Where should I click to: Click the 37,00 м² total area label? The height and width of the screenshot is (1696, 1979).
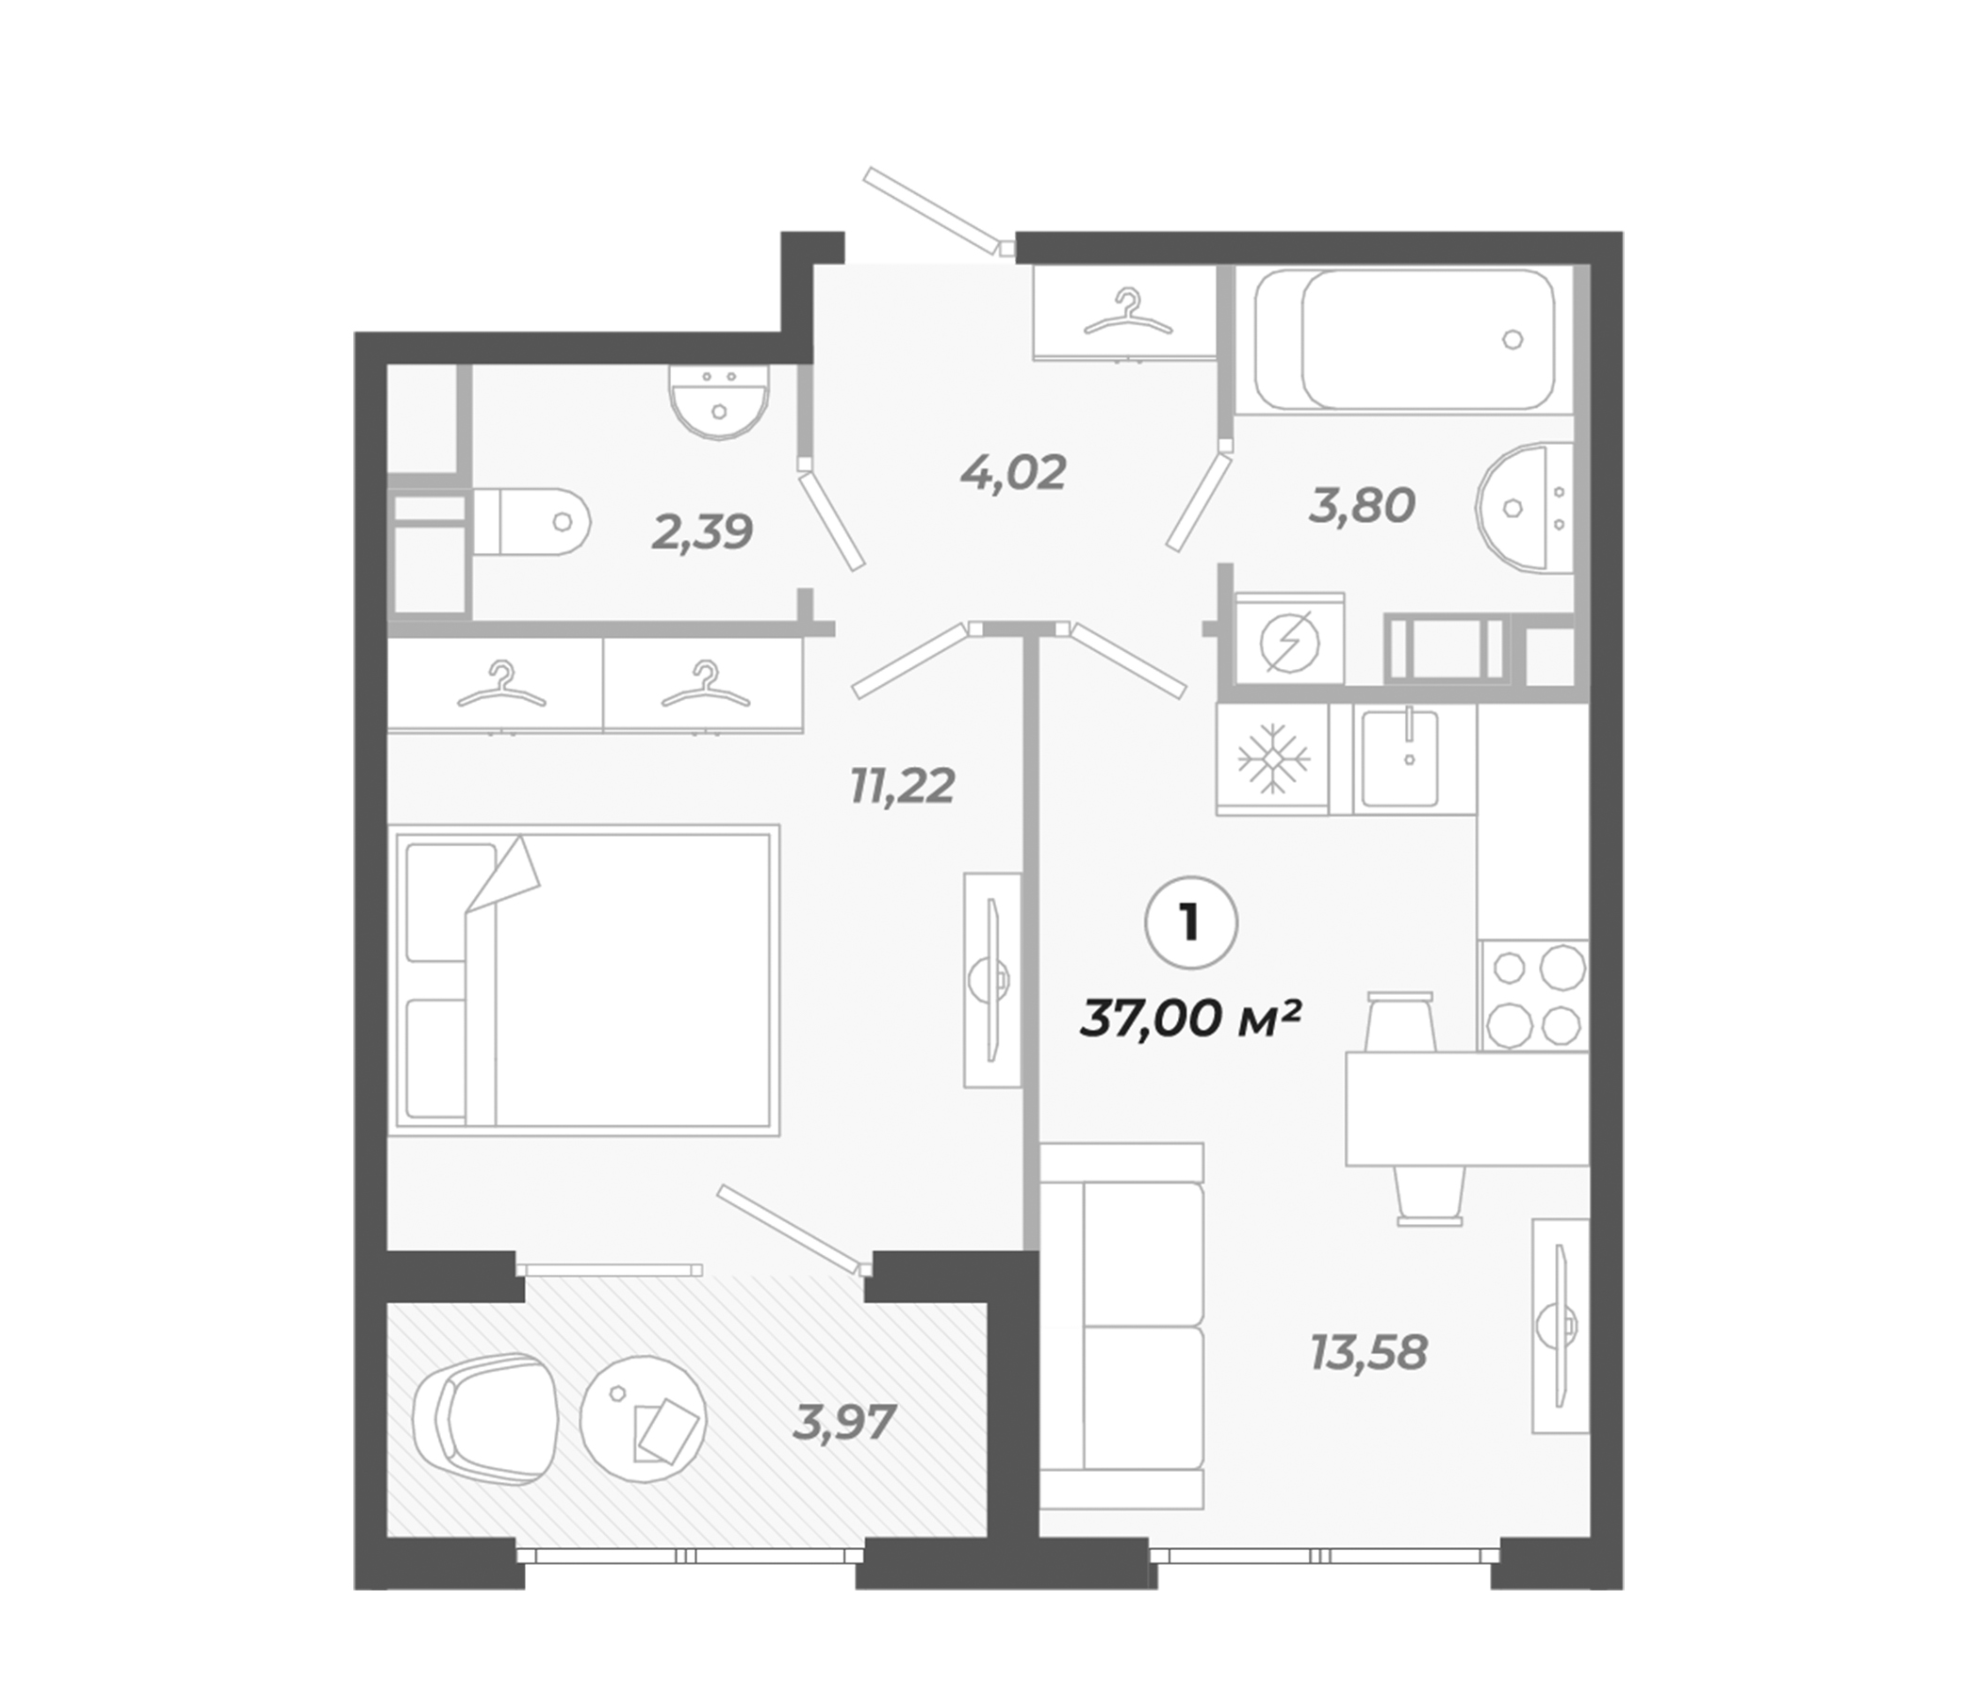(1191, 1018)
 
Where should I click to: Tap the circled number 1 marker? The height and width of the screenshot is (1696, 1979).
(1190, 923)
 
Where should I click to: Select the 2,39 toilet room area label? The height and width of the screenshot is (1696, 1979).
(702, 532)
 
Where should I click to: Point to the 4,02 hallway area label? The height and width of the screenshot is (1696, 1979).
(1013, 473)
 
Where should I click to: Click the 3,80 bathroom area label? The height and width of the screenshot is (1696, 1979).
(1361, 505)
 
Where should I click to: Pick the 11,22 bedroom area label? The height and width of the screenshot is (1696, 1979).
(903, 786)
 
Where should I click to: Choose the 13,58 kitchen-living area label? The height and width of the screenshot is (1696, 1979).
(1368, 1353)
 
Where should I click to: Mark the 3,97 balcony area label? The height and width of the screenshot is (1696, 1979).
(843, 1423)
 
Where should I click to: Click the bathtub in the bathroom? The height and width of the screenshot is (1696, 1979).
(1403, 340)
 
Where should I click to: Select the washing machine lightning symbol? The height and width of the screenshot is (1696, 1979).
(1289, 641)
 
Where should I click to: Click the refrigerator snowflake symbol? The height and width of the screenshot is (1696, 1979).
(1272, 760)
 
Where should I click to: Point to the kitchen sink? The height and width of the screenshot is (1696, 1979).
(1400, 758)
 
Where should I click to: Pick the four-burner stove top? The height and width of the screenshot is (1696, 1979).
(1533, 995)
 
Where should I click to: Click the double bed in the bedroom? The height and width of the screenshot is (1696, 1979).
(582, 980)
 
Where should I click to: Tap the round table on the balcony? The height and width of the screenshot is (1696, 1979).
(643, 1420)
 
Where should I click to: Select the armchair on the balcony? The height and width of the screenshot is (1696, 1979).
(485, 1419)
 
